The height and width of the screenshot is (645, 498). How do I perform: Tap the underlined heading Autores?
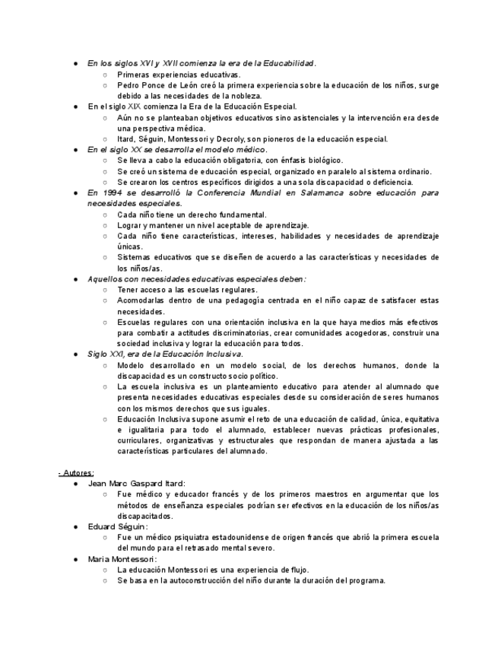click(77, 472)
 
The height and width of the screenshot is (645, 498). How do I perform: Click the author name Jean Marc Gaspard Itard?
click(137, 484)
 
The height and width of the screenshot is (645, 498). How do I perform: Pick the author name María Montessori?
click(122, 559)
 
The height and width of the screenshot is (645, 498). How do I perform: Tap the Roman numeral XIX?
click(141, 107)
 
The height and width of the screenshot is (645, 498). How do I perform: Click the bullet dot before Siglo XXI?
click(76, 354)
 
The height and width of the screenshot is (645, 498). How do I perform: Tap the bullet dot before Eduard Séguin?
click(76, 526)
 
